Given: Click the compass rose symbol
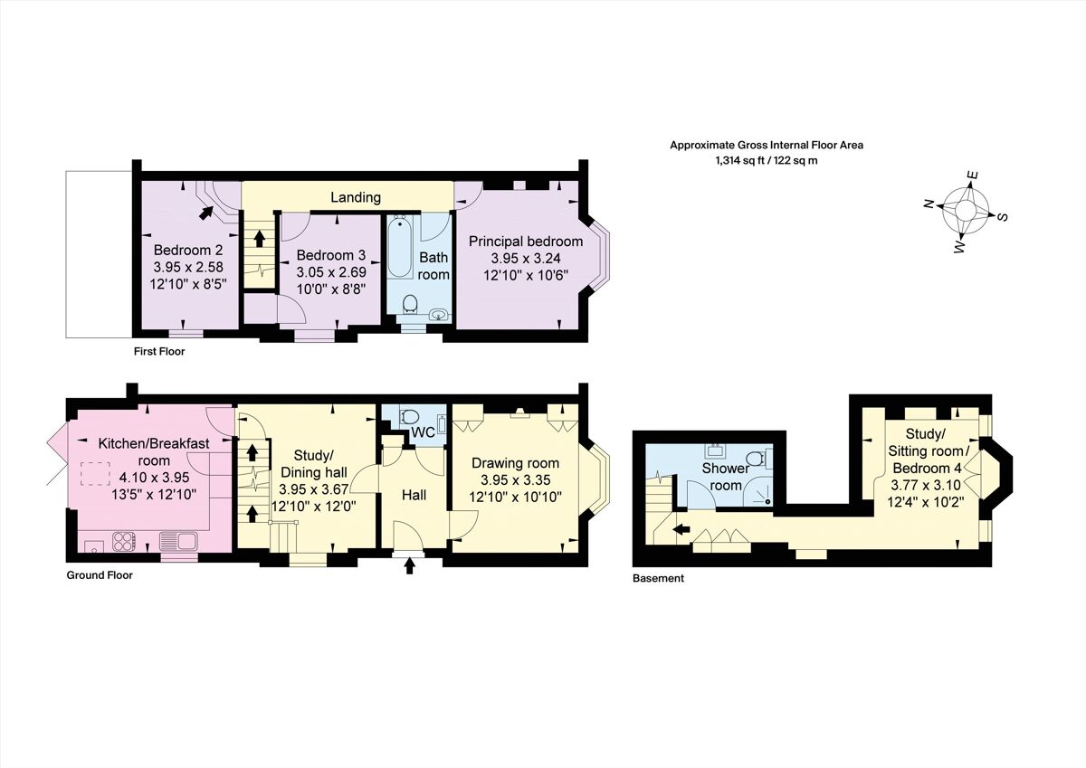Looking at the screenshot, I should coord(965,211).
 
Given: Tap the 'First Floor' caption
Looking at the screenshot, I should coord(158,351).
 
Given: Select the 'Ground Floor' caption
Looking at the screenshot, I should coord(100,574).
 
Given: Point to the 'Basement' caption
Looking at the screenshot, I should coord(658,578).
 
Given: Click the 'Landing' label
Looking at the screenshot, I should coord(355,197).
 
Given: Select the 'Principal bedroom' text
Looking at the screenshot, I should coord(525,241).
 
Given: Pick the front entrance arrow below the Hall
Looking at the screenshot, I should coord(410,566).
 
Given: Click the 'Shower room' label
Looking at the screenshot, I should coord(726,477).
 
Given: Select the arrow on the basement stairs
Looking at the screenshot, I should coord(681,529).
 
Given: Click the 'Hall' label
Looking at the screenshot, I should coord(412,495).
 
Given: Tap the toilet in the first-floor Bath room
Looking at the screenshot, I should coord(408,302).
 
